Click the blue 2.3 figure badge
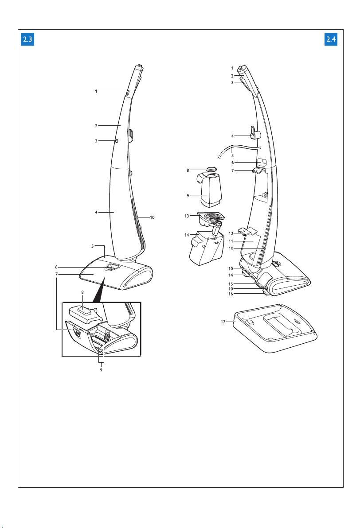coord(28,40)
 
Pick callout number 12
coord(231,233)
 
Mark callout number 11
coord(231,241)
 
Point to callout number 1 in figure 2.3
coord(96,91)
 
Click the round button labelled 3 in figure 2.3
coord(116,140)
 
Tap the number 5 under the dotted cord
coord(232,155)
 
